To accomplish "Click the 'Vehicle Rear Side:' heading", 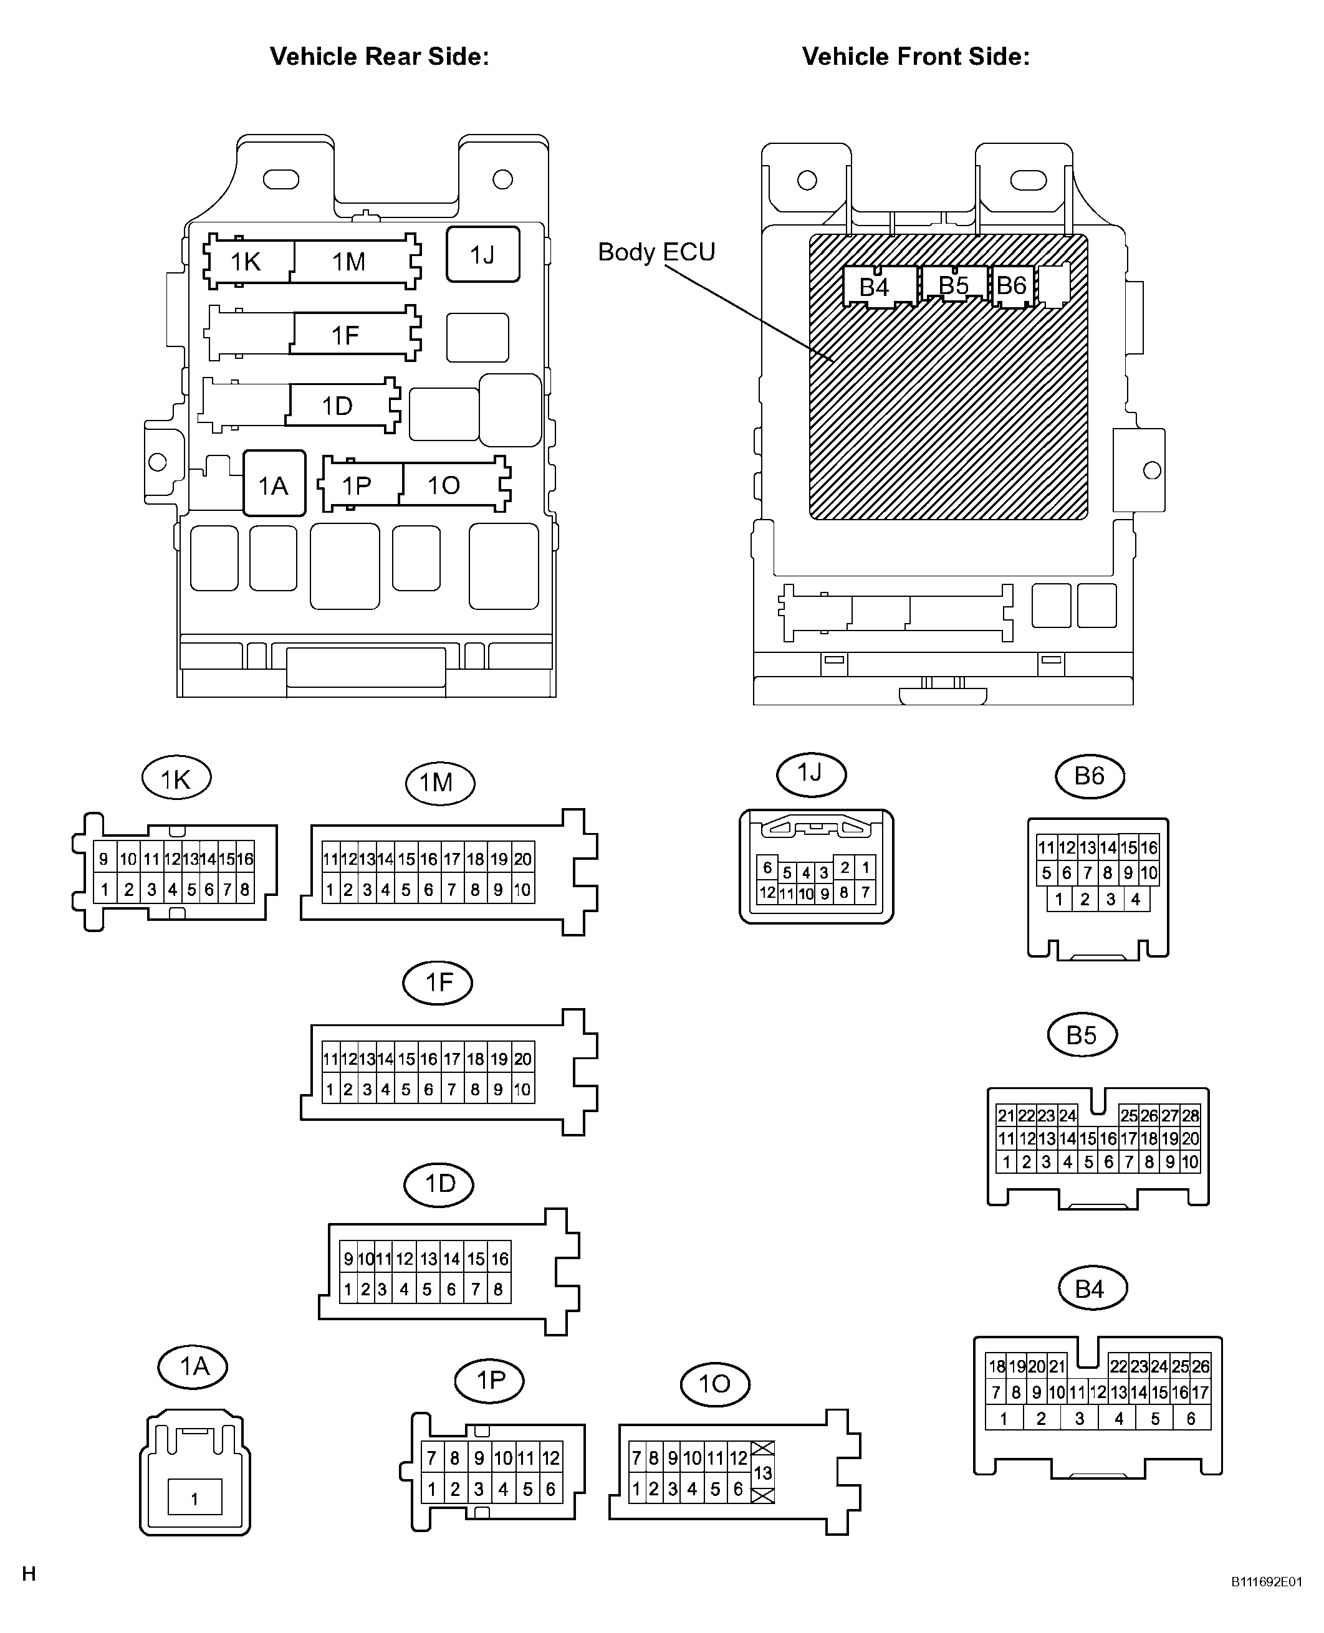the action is [x=379, y=57].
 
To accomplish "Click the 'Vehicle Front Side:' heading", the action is [x=915, y=57].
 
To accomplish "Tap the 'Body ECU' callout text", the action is [x=656, y=252].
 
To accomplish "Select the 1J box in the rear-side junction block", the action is [x=482, y=255].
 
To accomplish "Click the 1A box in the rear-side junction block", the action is [x=274, y=484].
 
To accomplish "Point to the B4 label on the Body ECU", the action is [x=874, y=287].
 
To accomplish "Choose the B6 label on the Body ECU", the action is [x=1011, y=285].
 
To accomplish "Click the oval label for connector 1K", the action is [x=176, y=778].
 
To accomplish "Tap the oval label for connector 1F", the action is [x=438, y=982].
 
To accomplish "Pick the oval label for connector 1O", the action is [x=714, y=1384].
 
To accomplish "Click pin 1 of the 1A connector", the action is [x=194, y=1500].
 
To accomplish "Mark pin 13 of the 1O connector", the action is [x=763, y=1473].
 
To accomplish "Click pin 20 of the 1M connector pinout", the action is [x=522, y=859].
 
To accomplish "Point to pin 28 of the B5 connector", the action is [x=1191, y=1115].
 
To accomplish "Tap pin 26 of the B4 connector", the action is [x=1201, y=1366].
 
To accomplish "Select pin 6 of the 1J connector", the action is [x=768, y=867].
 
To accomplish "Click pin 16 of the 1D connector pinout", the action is [x=499, y=1259].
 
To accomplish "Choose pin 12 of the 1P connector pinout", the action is [x=550, y=1458].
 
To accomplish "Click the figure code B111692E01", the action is [x=1267, y=1582].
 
